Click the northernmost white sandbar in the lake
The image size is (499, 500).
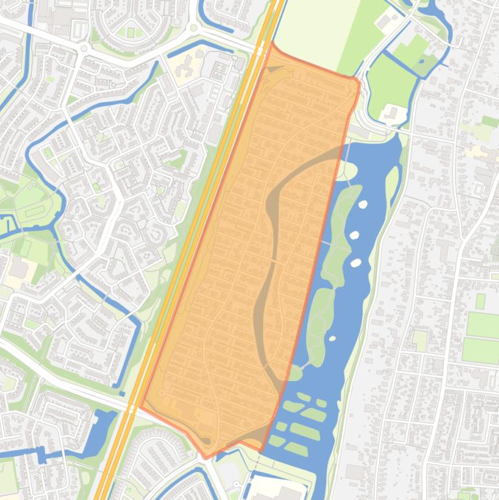click(x=362, y=205)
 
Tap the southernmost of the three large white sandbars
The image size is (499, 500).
click(x=356, y=263)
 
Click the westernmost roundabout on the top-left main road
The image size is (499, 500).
click(x=83, y=49)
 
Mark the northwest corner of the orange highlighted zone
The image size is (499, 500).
click(x=272, y=45)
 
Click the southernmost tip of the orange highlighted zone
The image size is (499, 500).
click(x=206, y=456)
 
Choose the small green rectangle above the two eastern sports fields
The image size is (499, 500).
click(x=480, y=301)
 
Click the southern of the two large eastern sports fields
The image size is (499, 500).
click(x=481, y=351)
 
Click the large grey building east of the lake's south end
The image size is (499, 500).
click(x=355, y=472)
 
